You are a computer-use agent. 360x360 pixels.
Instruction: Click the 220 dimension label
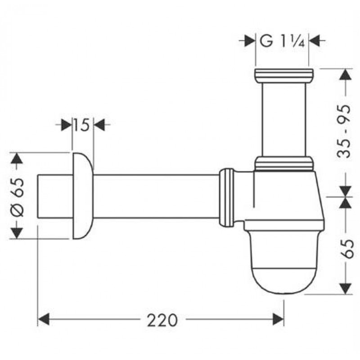pos(162,320)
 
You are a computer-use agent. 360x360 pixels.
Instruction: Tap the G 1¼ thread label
pos(282,41)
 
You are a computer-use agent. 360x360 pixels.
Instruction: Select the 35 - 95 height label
pos(344,131)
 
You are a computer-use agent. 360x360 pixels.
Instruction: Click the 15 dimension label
pos(81,125)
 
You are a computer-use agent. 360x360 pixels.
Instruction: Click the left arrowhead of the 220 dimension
pos(43,319)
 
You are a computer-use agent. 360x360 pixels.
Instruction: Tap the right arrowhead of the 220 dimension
pos(278,319)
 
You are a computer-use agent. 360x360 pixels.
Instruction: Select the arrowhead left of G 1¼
pos(250,41)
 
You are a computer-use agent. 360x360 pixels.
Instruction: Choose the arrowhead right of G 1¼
pos(314,41)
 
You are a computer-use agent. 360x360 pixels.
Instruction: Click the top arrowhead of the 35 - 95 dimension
pos(346,74)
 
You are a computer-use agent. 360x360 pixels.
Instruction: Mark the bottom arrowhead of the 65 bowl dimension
pos(346,289)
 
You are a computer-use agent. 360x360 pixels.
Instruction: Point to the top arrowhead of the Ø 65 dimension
pos(17,158)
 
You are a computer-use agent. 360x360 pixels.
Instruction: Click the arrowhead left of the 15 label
pos(67,125)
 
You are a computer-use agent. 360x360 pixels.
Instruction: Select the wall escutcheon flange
pos(83,196)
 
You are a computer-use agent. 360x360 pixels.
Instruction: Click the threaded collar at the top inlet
pos(284,76)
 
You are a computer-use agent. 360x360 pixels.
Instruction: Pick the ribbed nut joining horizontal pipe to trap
pos(227,198)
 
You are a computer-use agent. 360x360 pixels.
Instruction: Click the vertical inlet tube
pos(284,119)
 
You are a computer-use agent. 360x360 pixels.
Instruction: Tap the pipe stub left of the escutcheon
pos(55,196)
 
